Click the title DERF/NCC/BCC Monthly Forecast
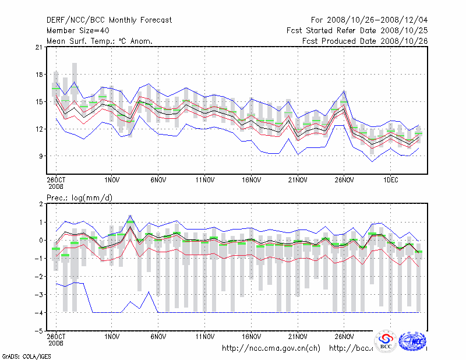pos(109,20)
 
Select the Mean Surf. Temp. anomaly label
pos(100,41)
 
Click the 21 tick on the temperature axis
pos(40,47)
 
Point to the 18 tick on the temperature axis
pos(40,75)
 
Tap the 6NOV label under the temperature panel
pos(158,181)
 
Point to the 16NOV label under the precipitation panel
pos(251,337)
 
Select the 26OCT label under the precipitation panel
pos(56,337)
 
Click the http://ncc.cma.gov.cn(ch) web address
pos(271,348)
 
